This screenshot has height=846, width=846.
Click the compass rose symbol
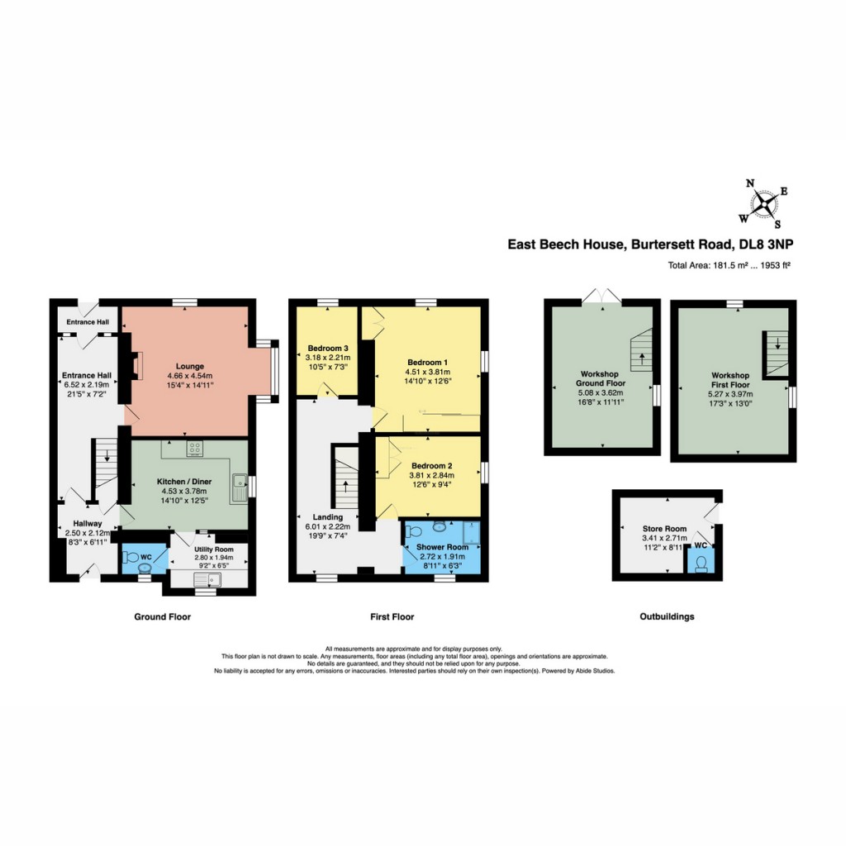pyautogui.click(x=764, y=202)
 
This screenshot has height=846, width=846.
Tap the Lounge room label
pyautogui.click(x=189, y=366)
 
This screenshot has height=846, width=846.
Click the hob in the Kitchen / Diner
pyautogui.click(x=197, y=449)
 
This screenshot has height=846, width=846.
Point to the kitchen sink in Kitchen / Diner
pyautogui.click(x=239, y=487)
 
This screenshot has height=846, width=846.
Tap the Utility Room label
pyautogui.click(x=214, y=549)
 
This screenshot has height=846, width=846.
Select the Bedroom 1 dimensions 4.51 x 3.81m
pyautogui.click(x=428, y=373)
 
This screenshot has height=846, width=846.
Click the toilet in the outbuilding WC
pyautogui.click(x=701, y=563)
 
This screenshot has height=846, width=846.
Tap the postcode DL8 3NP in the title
pyautogui.click(x=766, y=245)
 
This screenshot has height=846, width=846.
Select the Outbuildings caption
pyautogui.click(x=667, y=616)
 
